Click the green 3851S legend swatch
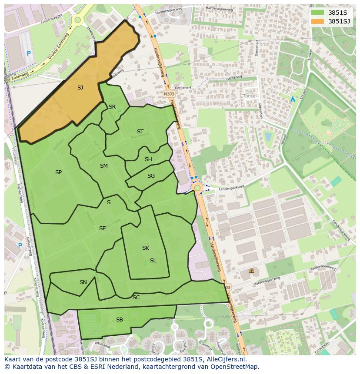pos(318,13)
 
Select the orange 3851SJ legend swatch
pos(318,21)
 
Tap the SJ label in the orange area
pos(80,88)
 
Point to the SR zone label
pos(112,107)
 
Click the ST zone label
pos(140,132)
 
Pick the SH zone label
pos(148,159)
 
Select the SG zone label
pos(151,176)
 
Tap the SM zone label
pos(103,166)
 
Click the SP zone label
pos(58,172)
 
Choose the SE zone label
pos(102,228)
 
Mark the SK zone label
pos(145,248)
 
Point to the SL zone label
pos(153,261)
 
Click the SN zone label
pos(83,282)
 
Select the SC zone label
pos(136,298)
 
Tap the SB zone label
pos(120,320)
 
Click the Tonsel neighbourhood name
pos(250,96)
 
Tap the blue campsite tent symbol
pos(293,99)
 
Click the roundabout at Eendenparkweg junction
pos(197,188)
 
